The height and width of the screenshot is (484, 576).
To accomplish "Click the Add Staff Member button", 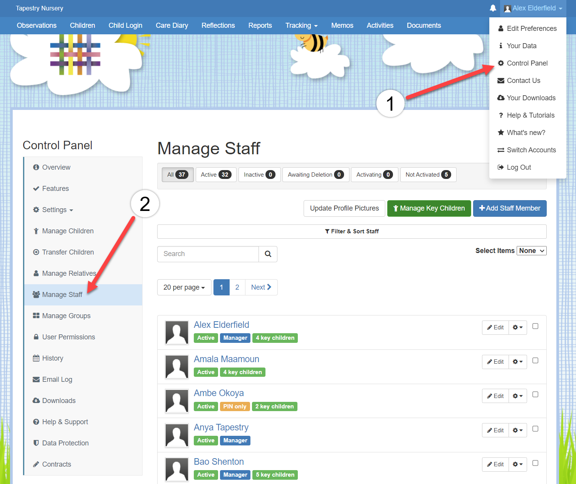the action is point(509,208).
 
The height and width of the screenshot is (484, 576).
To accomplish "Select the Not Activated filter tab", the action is point(428,174).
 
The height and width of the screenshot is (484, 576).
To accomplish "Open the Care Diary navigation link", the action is point(172,25).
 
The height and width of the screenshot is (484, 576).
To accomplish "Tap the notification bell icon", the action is point(493,8).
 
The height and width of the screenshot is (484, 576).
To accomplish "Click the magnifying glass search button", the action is point(268,254).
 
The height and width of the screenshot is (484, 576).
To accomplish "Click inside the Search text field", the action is point(208,254).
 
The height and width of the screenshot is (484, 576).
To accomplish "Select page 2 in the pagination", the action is point(237,287).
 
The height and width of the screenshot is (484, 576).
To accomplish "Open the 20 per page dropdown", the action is point(184,287).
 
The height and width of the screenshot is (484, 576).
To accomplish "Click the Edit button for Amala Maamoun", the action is point(495,362).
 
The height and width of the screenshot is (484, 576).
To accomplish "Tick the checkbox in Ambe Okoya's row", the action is point(535,395).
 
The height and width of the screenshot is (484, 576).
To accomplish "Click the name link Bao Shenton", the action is point(219,462).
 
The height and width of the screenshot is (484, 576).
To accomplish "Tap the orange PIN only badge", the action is point(235,406).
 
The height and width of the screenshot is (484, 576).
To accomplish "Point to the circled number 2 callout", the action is point(145,204).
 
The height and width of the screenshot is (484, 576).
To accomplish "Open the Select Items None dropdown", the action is point(531,251).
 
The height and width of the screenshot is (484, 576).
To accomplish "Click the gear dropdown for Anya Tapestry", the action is point(517,430).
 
